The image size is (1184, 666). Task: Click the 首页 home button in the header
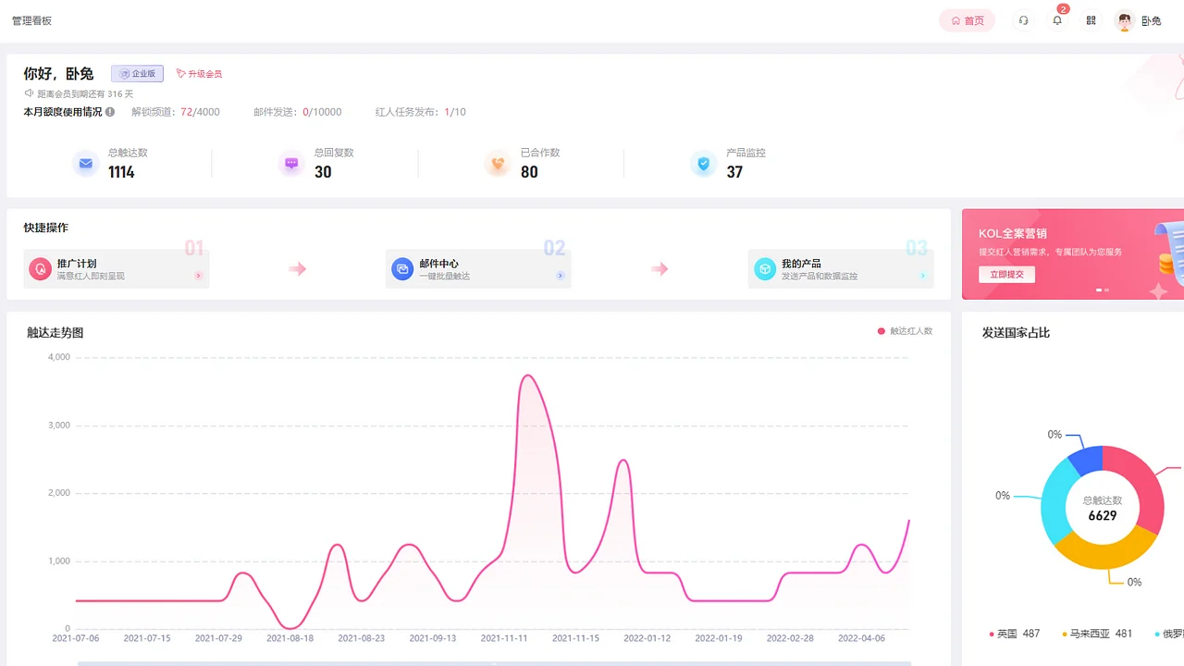tap(967, 20)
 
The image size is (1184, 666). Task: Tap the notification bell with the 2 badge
tap(1057, 20)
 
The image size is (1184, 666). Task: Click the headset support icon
tap(1023, 20)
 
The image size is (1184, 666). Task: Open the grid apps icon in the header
tap(1091, 20)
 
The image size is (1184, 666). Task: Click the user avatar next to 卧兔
tap(1125, 20)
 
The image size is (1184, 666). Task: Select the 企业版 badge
tap(137, 73)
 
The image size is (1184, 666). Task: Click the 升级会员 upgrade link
tap(199, 73)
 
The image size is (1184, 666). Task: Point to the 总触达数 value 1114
tap(121, 172)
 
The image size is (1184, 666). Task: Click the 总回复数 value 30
tap(323, 172)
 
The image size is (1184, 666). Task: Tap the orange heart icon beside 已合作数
tap(498, 164)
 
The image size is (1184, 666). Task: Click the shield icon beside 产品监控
tap(704, 164)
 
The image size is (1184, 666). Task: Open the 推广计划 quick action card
tap(117, 269)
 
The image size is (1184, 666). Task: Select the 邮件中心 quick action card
tap(478, 269)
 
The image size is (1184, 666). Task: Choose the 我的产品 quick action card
tap(841, 269)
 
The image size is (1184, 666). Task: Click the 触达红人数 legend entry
tap(906, 330)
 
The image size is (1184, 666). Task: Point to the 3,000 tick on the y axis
tap(58, 425)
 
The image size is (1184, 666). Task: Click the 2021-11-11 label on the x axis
tap(503, 638)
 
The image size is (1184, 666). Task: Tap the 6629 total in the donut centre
tap(1102, 516)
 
